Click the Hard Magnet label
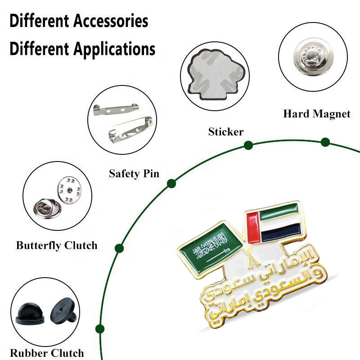(x=316, y=114)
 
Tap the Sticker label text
(x=225, y=132)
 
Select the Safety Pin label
(x=134, y=174)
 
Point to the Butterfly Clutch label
(x=57, y=246)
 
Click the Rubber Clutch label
(x=47, y=353)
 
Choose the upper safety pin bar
(x=115, y=109)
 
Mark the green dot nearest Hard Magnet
(x=325, y=143)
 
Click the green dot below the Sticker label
(x=248, y=145)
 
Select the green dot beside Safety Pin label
(x=171, y=183)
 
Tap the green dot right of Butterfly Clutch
(x=119, y=248)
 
